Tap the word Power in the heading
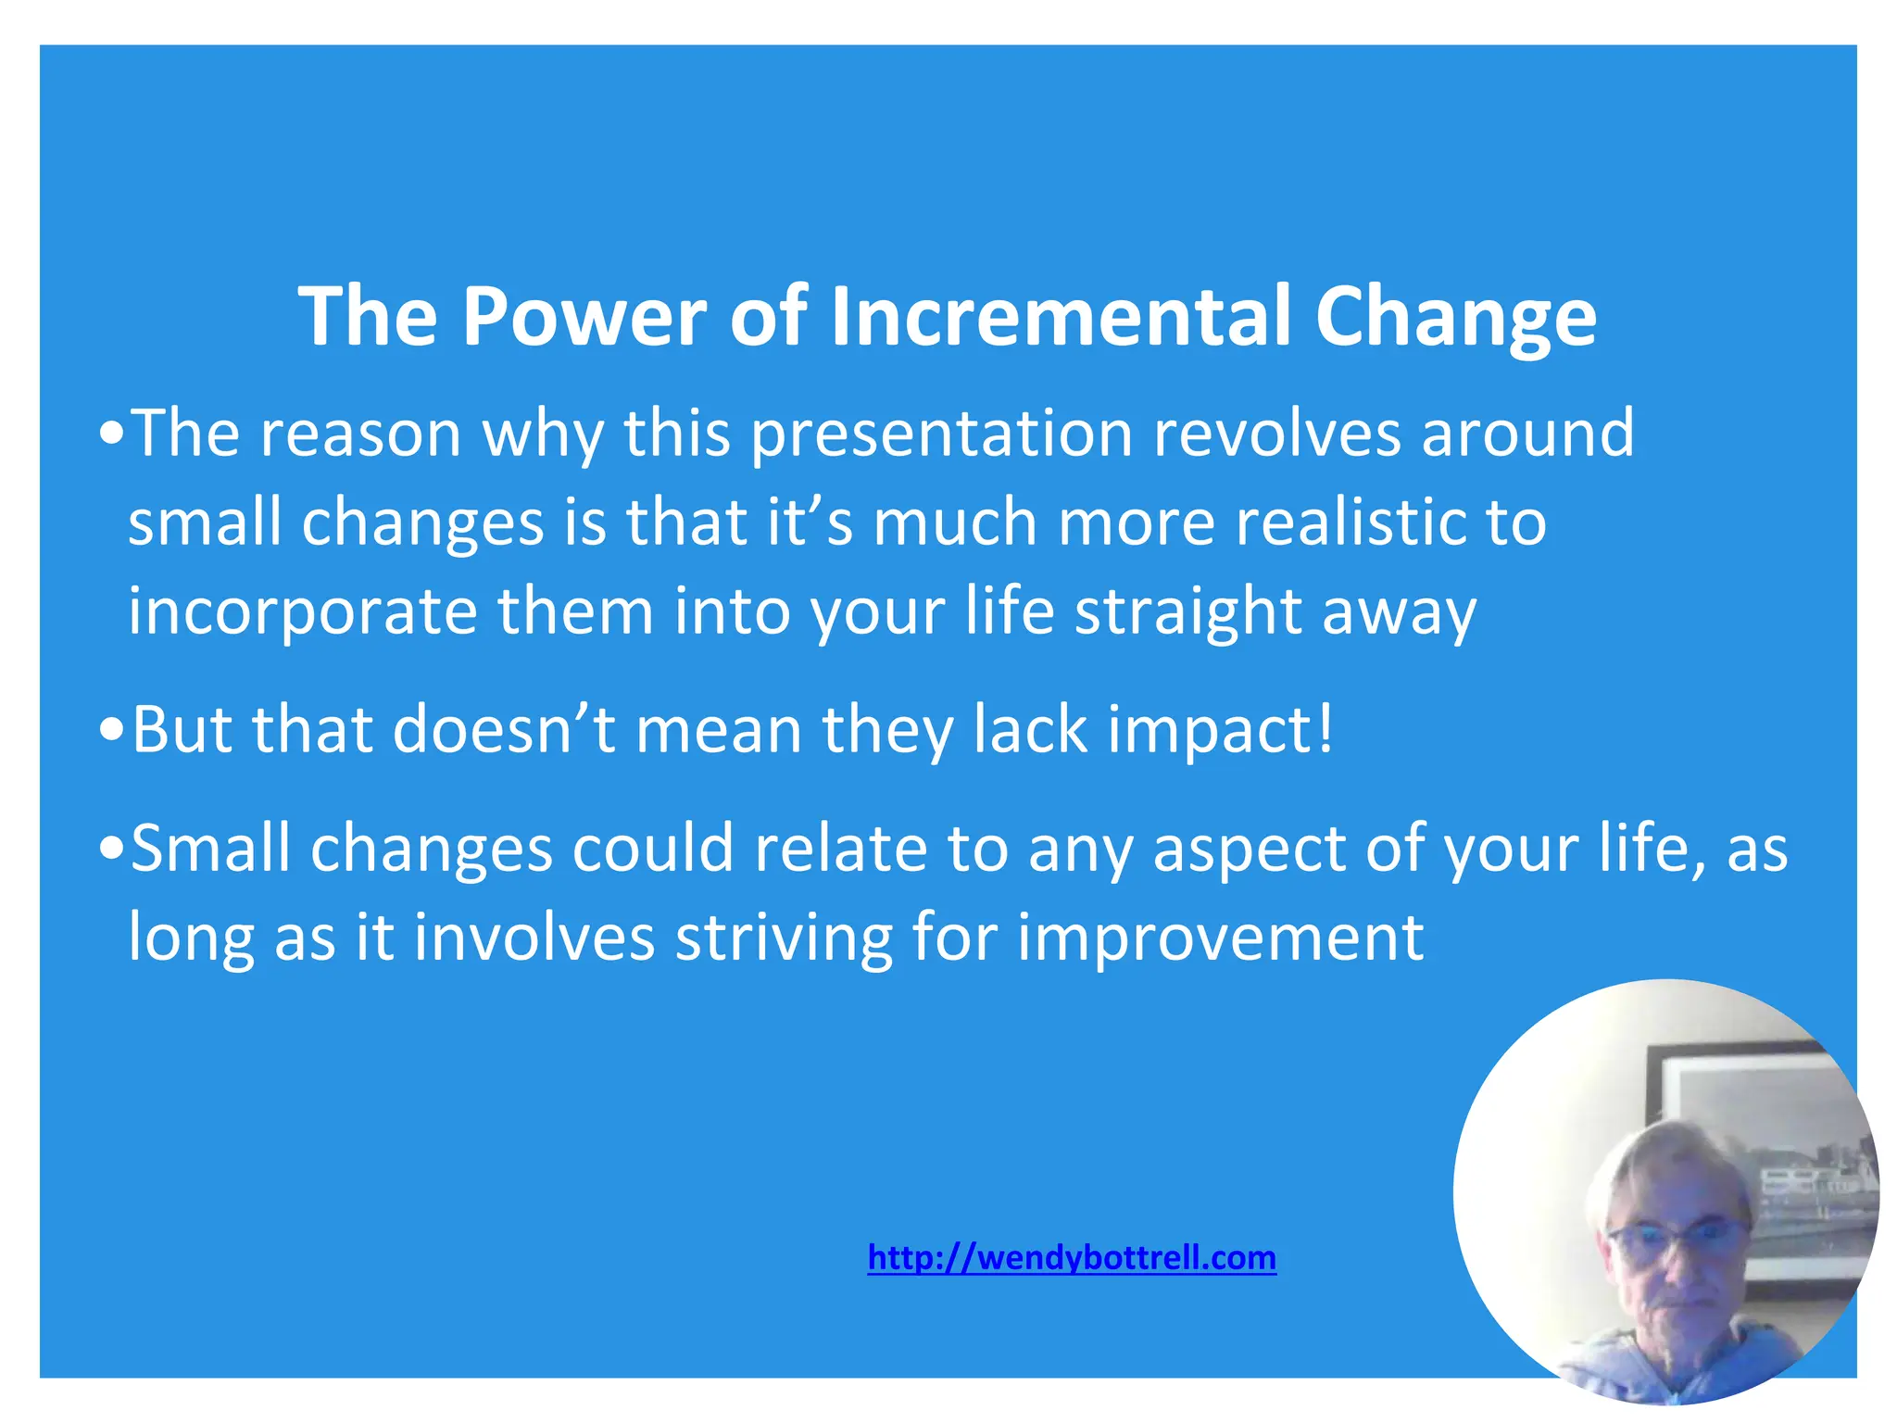584,317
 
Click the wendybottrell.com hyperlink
1072,1258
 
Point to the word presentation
941,434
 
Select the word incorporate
302,612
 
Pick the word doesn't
504,729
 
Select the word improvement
1220,938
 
